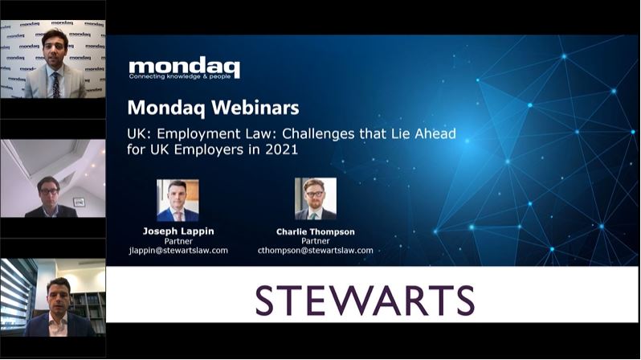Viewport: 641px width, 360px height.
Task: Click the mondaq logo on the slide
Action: tap(185, 68)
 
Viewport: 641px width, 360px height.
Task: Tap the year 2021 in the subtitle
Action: tap(282, 149)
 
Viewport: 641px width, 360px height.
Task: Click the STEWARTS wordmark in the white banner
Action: tap(365, 301)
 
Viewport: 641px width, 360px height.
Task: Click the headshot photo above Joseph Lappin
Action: tap(178, 200)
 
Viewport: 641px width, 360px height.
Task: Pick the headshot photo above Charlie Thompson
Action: tap(316, 198)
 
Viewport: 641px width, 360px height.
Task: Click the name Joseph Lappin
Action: tap(178, 231)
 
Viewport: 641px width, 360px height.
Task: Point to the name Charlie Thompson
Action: tap(316, 232)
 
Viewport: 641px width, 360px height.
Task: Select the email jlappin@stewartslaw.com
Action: tap(178, 251)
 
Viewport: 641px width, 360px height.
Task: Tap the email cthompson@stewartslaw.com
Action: tap(316, 251)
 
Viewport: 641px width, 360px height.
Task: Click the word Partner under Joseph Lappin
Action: tap(178, 241)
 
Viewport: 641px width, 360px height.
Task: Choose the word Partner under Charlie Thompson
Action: tap(316, 241)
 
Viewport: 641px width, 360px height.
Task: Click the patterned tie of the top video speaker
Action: tap(56, 84)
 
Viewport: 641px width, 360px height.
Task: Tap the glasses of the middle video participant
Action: tap(49, 191)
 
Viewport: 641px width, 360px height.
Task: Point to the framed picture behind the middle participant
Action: tap(79, 202)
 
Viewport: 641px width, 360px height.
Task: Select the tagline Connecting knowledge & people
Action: tap(180, 76)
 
